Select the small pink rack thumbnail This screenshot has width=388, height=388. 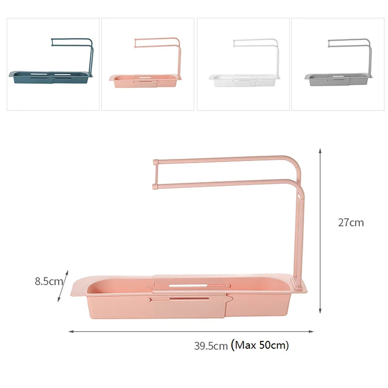tap(147, 64)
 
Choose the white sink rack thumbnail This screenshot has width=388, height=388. tap(243, 64)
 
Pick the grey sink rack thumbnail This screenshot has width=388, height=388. tap(338, 64)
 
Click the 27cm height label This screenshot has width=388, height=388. tap(351, 223)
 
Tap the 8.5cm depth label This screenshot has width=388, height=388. tap(48, 281)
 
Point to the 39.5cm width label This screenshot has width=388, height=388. tap(211, 346)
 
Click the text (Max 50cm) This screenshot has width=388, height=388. tap(260, 345)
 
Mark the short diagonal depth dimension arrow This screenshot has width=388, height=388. tap(63, 286)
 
